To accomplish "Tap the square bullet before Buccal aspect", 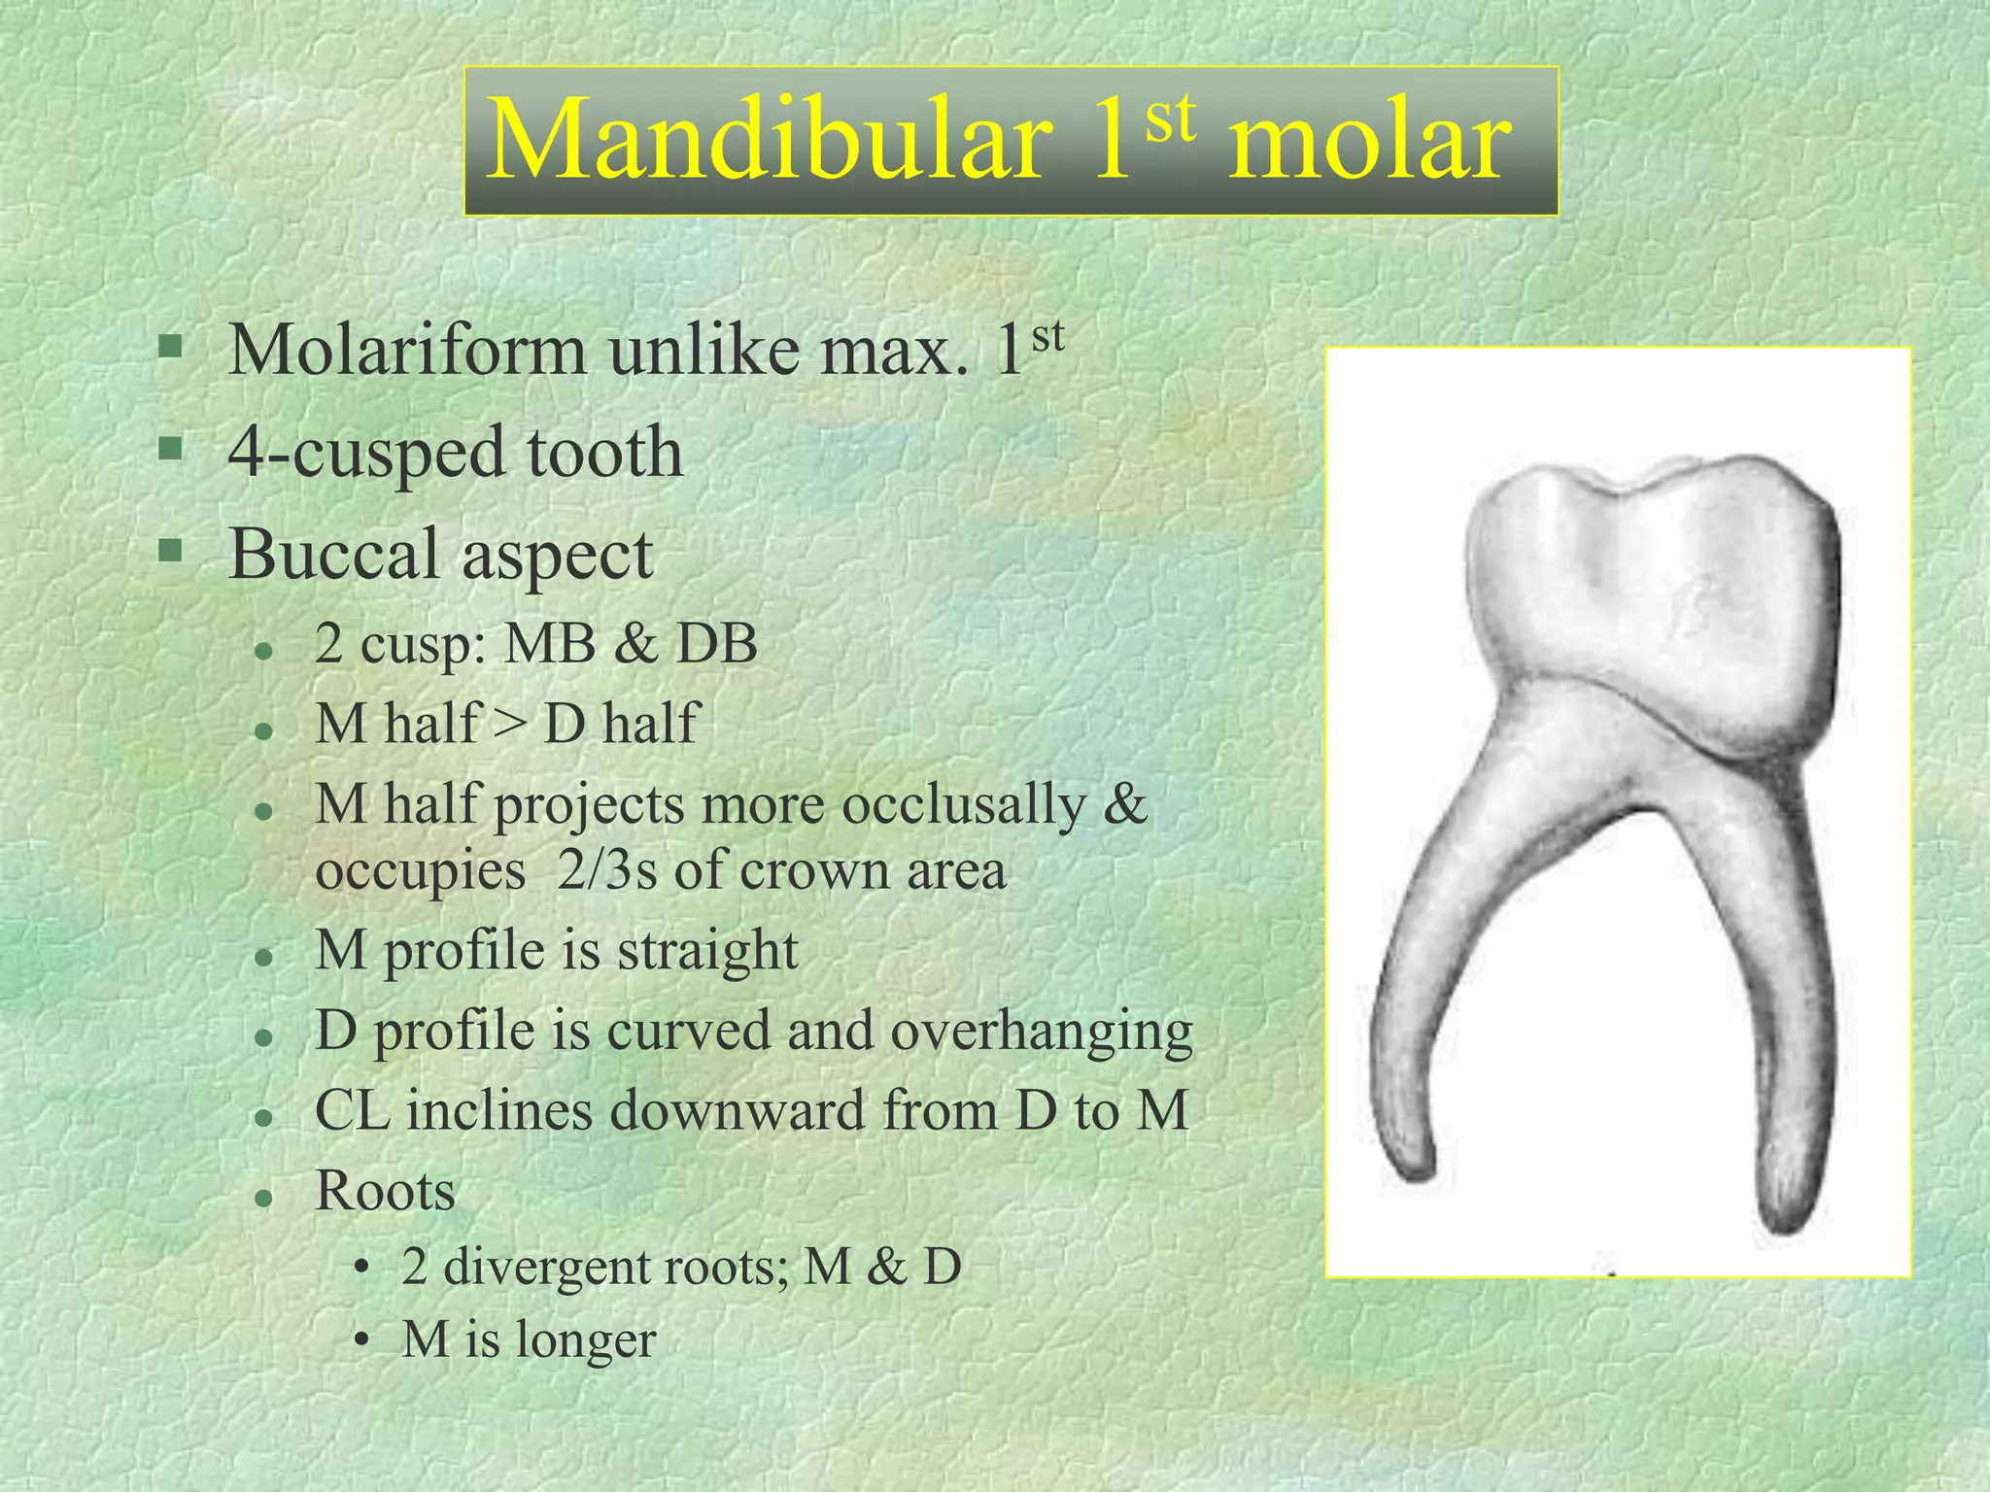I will [x=171, y=552].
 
